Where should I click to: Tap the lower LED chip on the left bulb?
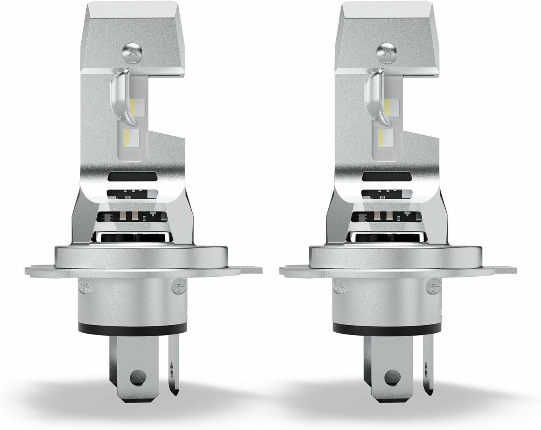[132, 135]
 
